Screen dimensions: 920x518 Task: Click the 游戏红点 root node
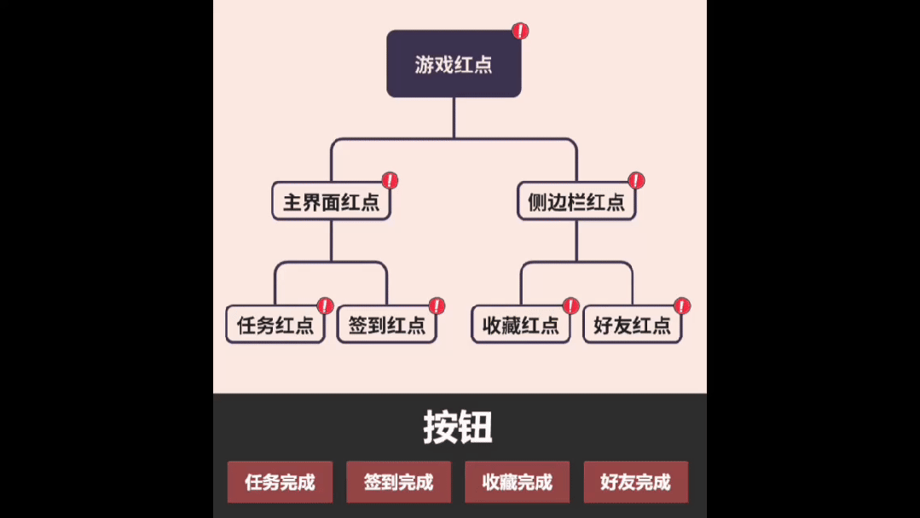click(454, 64)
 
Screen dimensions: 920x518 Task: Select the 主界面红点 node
click(331, 202)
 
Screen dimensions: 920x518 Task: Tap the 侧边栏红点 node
click(576, 202)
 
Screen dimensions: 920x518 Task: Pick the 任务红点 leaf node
click(275, 325)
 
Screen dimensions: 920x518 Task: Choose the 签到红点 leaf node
click(386, 325)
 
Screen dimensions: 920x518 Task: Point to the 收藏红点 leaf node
click(520, 325)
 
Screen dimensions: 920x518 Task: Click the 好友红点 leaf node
click(632, 325)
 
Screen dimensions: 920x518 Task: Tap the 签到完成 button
click(398, 482)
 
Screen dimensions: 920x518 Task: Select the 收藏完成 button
click(517, 482)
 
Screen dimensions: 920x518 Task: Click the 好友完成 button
click(635, 482)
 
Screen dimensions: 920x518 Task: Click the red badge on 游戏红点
click(520, 32)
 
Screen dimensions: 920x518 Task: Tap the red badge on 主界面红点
click(390, 180)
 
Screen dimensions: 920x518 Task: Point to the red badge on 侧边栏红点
click(636, 180)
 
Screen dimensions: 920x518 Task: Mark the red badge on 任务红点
click(325, 306)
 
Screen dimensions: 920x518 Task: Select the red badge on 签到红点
click(437, 306)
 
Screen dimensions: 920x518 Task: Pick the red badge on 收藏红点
click(570, 306)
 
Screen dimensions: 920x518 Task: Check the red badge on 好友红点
click(682, 306)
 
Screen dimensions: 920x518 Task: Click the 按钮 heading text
click(458, 428)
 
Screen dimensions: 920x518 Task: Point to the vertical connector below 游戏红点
click(454, 118)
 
